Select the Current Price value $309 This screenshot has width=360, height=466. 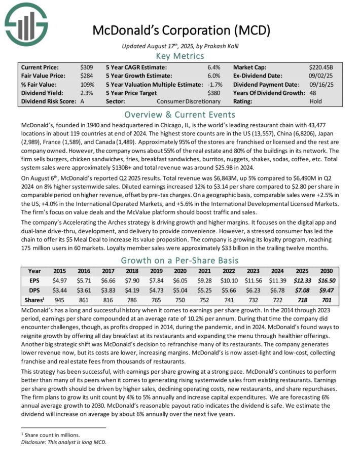[x=87, y=67]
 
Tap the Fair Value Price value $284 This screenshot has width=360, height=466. [x=87, y=76]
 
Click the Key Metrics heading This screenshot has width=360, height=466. [x=180, y=56]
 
